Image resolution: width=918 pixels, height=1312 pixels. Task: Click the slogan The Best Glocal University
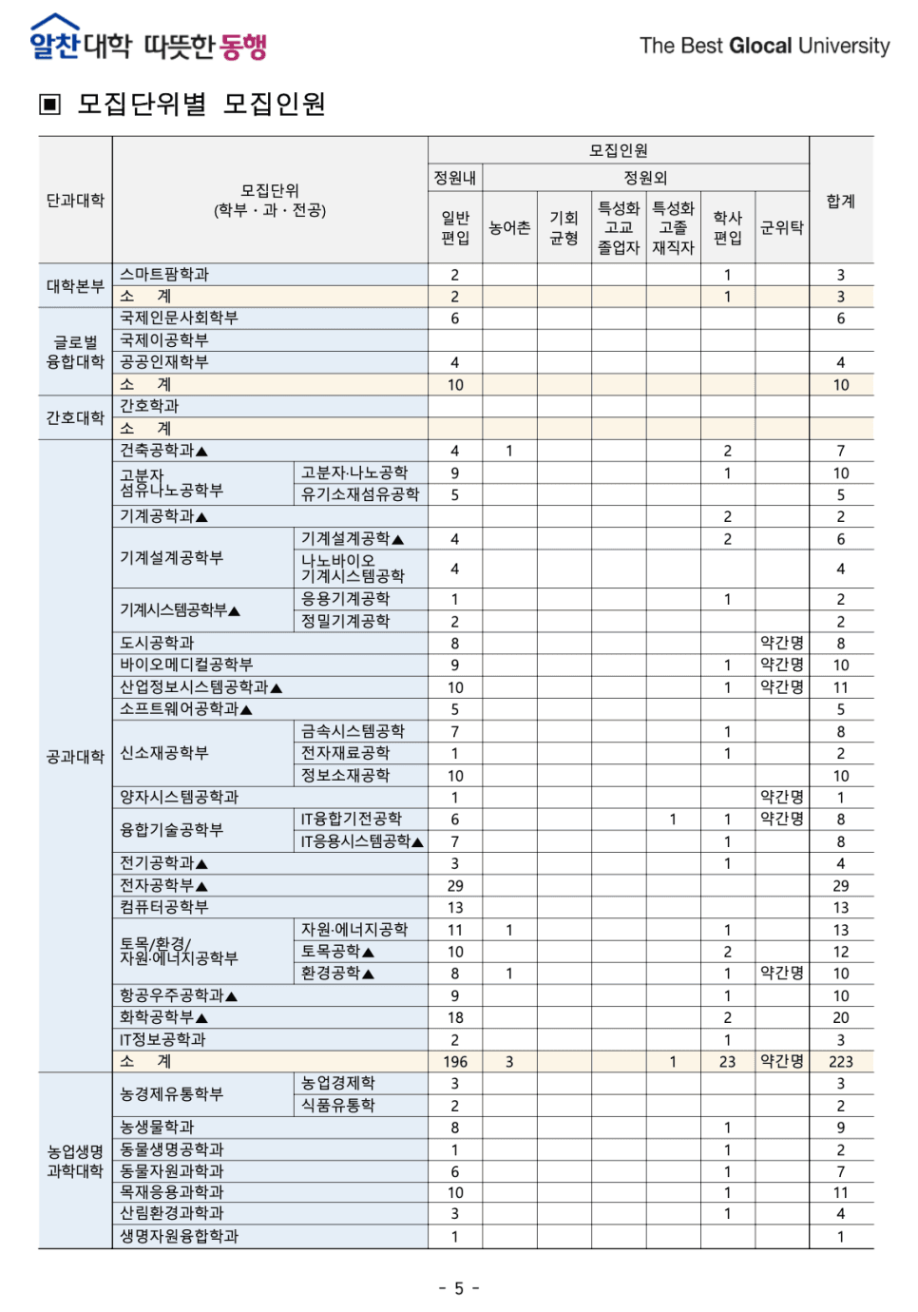(764, 46)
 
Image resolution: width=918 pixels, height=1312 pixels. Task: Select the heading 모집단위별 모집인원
(201, 104)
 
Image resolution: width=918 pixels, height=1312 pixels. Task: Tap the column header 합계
(840, 201)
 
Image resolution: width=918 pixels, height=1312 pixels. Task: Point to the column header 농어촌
(509, 228)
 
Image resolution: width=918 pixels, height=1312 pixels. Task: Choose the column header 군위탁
(782, 228)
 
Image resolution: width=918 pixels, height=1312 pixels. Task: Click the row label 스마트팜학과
(164, 275)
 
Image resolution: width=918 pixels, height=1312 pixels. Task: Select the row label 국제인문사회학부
(179, 318)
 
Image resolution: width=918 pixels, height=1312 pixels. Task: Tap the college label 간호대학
(75, 417)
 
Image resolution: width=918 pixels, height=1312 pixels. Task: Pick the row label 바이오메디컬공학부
(186, 665)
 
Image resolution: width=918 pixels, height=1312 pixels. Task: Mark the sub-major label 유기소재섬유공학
(360, 494)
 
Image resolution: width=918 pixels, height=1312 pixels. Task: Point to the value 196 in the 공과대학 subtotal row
(455, 1062)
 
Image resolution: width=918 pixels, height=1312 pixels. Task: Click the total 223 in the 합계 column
(840, 1062)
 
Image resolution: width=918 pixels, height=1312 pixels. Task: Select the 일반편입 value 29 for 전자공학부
(455, 886)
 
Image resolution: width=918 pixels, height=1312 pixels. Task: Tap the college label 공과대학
(75, 757)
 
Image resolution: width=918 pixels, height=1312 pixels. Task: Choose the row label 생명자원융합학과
(179, 1237)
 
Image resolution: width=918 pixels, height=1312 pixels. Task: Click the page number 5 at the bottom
(459, 1288)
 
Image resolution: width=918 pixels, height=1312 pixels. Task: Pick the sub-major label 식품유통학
(338, 1106)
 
